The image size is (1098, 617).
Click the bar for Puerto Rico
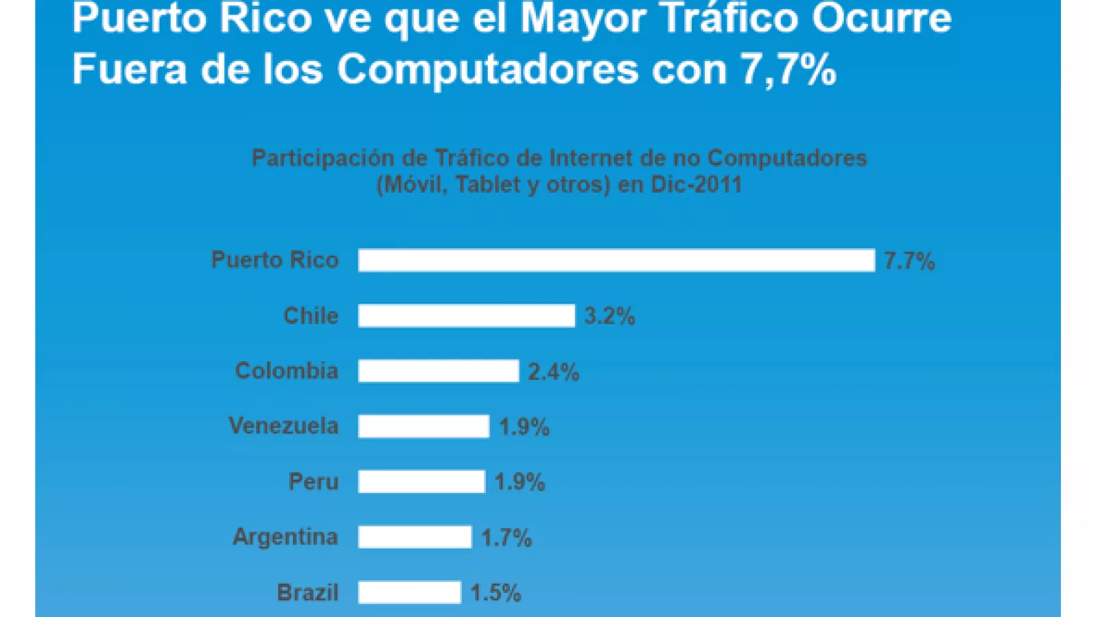click(616, 261)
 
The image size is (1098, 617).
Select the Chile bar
click(466, 316)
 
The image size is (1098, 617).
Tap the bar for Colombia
click(438, 371)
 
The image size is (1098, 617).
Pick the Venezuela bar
click(423, 426)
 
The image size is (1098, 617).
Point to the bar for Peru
click(421, 482)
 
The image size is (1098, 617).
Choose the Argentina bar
click(414, 537)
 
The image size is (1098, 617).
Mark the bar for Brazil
click(409, 592)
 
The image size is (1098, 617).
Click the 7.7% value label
click(909, 261)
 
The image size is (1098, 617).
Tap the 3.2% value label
click(609, 316)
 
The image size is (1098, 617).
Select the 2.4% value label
click(553, 372)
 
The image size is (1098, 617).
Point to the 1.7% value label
click(506, 537)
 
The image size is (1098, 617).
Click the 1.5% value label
click(495, 593)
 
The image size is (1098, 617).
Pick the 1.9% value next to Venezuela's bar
click(524, 427)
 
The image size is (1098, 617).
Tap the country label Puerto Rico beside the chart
click(274, 260)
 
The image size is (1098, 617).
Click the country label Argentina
click(285, 536)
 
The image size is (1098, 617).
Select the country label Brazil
click(307, 592)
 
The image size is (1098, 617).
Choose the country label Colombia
click(286, 371)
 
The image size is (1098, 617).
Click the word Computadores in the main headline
click(487, 69)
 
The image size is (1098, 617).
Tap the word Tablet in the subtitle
click(488, 184)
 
